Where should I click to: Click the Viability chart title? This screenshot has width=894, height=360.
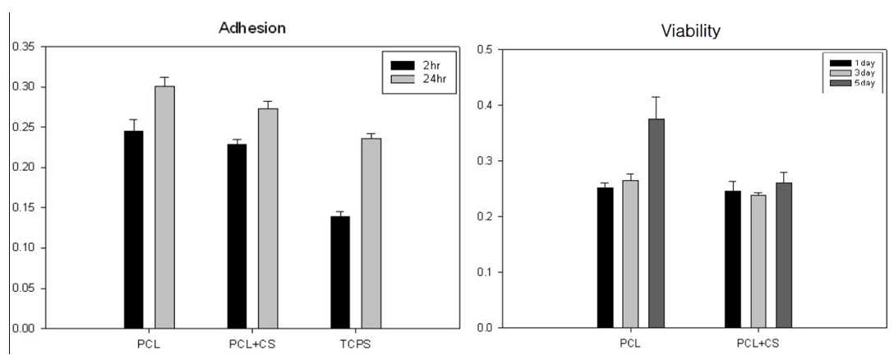[x=690, y=31]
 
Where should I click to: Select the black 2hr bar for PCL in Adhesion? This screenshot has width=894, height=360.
[x=133, y=230]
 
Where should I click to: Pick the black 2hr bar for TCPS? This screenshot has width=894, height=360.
[x=340, y=273]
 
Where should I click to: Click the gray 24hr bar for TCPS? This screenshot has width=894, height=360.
[x=371, y=233]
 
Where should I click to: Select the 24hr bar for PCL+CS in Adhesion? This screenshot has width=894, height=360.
[x=268, y=219]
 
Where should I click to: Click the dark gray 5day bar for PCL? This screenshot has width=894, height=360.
[x=657, y=223]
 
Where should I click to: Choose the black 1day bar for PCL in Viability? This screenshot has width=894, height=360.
[x=606, y=258]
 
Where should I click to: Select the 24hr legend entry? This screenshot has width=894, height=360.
[x=417, y=76]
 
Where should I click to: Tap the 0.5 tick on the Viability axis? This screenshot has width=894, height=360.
[x=485, y=49]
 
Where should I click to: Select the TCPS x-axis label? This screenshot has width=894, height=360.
[x=356, y=344]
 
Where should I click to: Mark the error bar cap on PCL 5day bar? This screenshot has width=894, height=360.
[x=657, y=97]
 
